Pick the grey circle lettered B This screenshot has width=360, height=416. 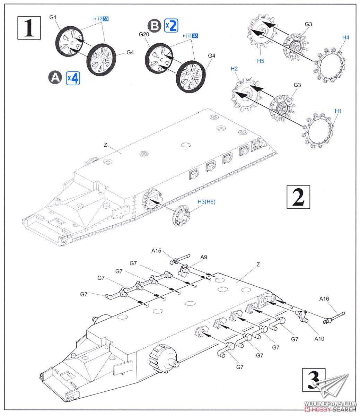tap(153, 26)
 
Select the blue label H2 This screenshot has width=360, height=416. tap(234, 69)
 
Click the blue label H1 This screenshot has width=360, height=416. tap(339, 111)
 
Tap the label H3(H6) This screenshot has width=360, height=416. tap(206, 201)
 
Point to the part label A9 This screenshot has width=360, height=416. tap(204, 257)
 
